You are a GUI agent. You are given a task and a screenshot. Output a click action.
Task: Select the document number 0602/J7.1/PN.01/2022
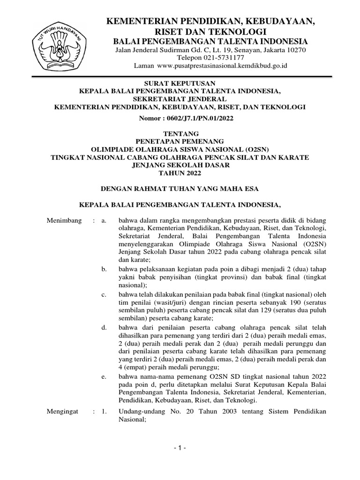tap(199, 119)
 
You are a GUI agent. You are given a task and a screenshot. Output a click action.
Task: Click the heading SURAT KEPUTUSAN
tap(180, 83)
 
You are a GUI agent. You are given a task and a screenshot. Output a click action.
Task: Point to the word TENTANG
tap(180, 133)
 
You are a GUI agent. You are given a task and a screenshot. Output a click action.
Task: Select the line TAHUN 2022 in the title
tap(180, 173)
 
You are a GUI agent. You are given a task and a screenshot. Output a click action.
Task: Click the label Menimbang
tap(65, 220)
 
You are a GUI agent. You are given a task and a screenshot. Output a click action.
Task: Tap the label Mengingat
tap(64, 412)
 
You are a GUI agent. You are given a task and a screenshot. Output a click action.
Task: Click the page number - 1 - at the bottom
tap(180, 449)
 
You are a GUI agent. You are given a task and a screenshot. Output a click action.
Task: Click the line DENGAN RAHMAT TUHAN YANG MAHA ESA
tap(180, 188)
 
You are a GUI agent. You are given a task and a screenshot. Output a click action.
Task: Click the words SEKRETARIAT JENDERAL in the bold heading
tap(180, 99)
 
